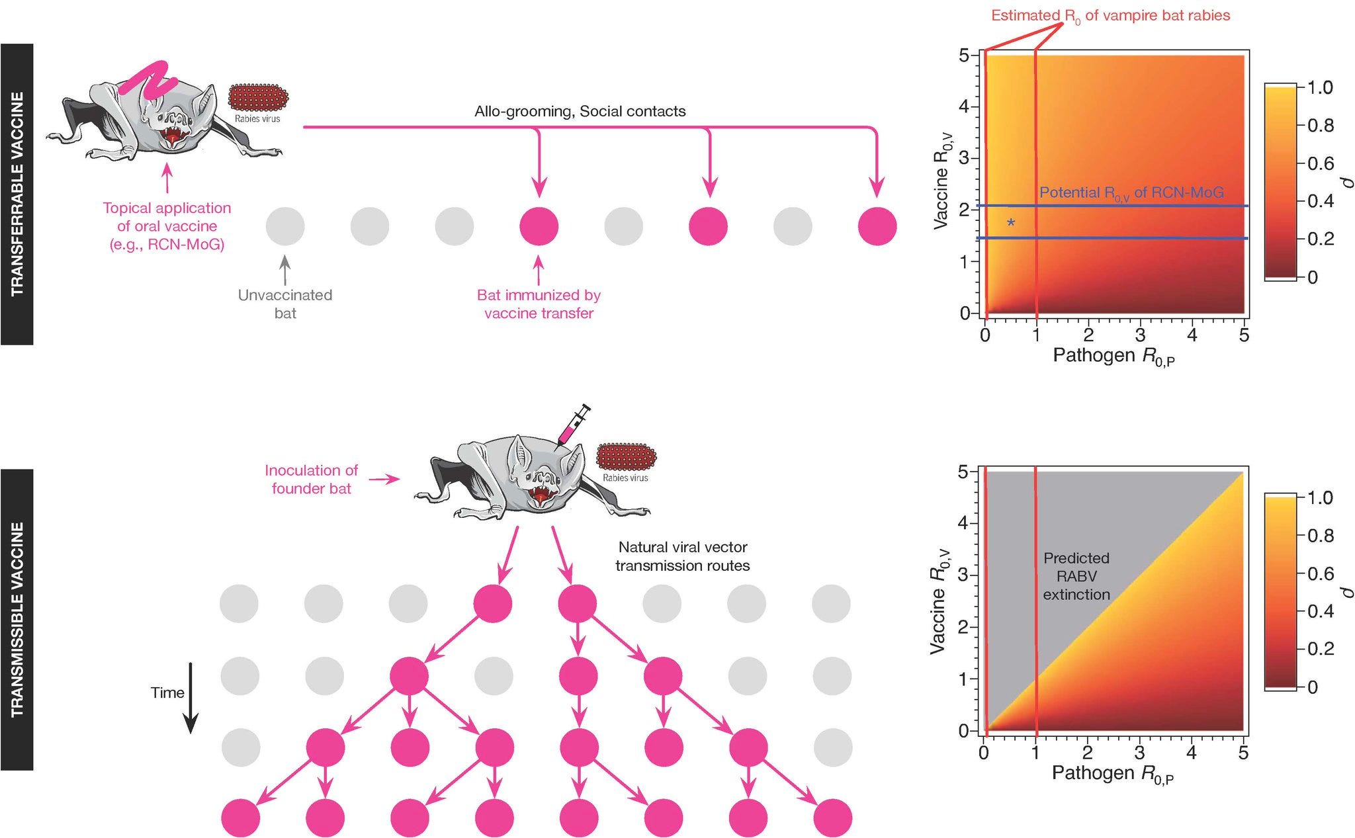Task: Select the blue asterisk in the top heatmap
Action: tap(1010, 224)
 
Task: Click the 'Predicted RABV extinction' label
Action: tap(1076, 576)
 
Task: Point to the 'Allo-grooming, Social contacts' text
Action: tap(580, 111)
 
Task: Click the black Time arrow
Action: tap(191, 698)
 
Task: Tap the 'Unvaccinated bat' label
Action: tap(285, 304)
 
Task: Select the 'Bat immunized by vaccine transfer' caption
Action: tap(539, 304)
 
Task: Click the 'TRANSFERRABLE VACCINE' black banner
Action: tap(17, 194)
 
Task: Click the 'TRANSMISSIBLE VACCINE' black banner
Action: tap(17, 619)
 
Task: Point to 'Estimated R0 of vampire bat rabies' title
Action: tap(1110, 16)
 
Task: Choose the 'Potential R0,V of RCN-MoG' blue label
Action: tap(1131, 193)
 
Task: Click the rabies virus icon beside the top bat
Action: tap(259, 98)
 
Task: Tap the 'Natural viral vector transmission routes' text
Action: tap(682, 556)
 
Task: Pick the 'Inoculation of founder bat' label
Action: tap(311, 480)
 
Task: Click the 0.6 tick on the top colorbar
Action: tap(1321, 163)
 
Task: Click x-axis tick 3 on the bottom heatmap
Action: tap(1139, 753)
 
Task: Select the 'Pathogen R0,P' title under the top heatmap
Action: tap(1114, 356)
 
